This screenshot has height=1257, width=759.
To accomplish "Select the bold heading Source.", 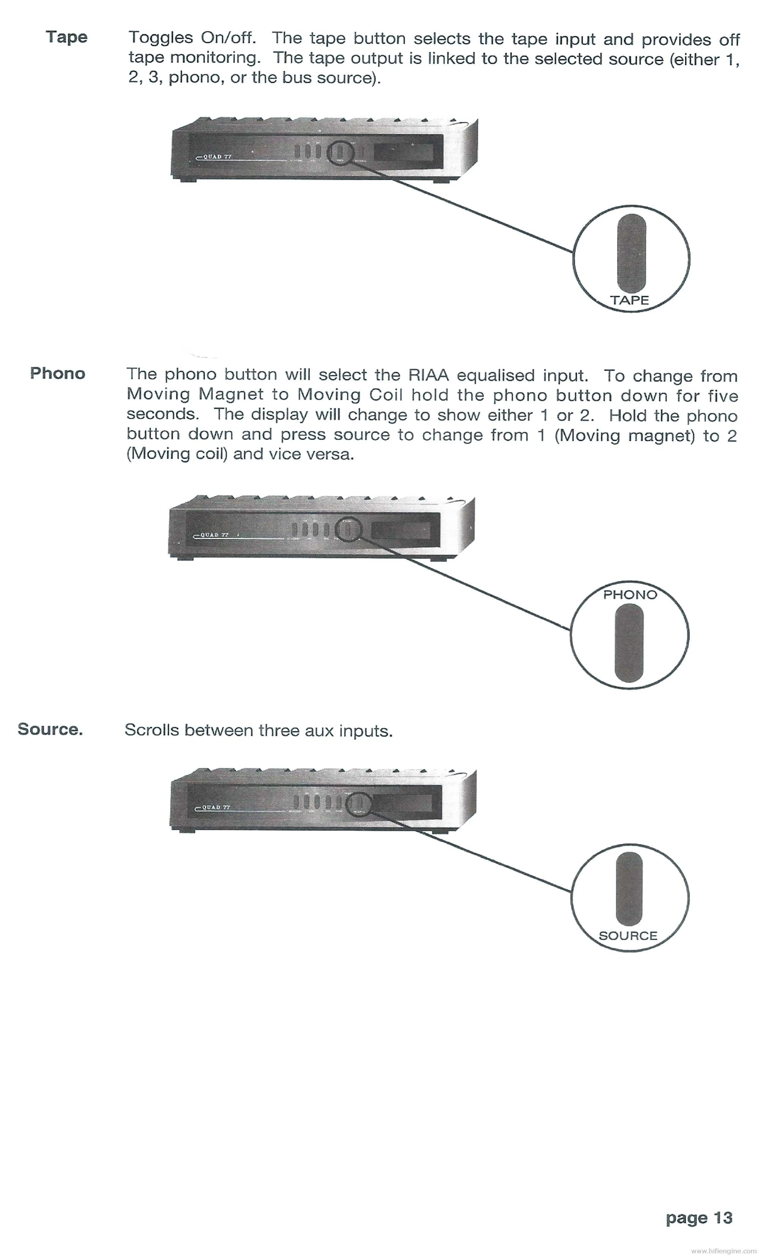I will (50, 729).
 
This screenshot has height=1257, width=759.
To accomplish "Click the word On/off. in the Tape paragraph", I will (228, 38).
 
